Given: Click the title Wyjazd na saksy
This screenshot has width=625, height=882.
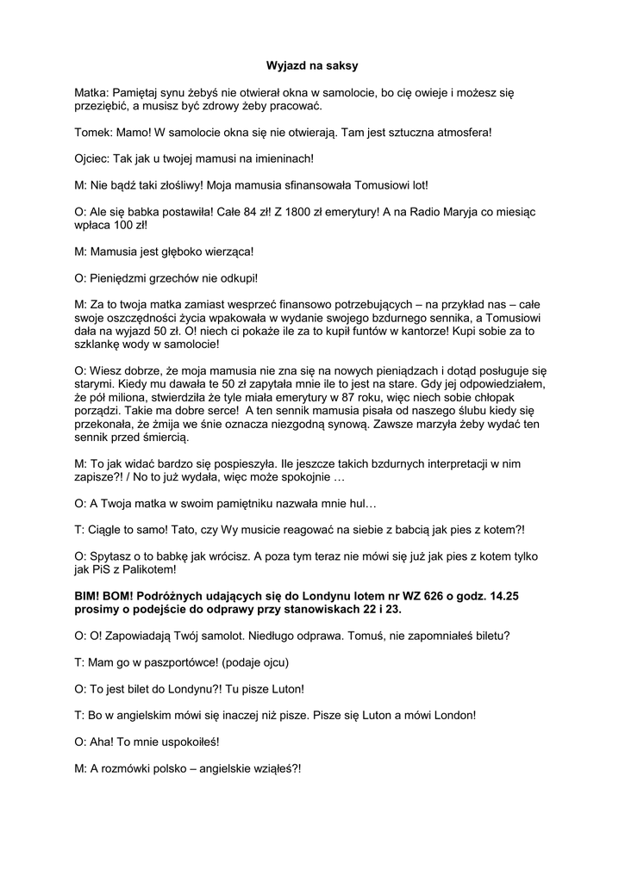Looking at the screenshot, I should point(311,65).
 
